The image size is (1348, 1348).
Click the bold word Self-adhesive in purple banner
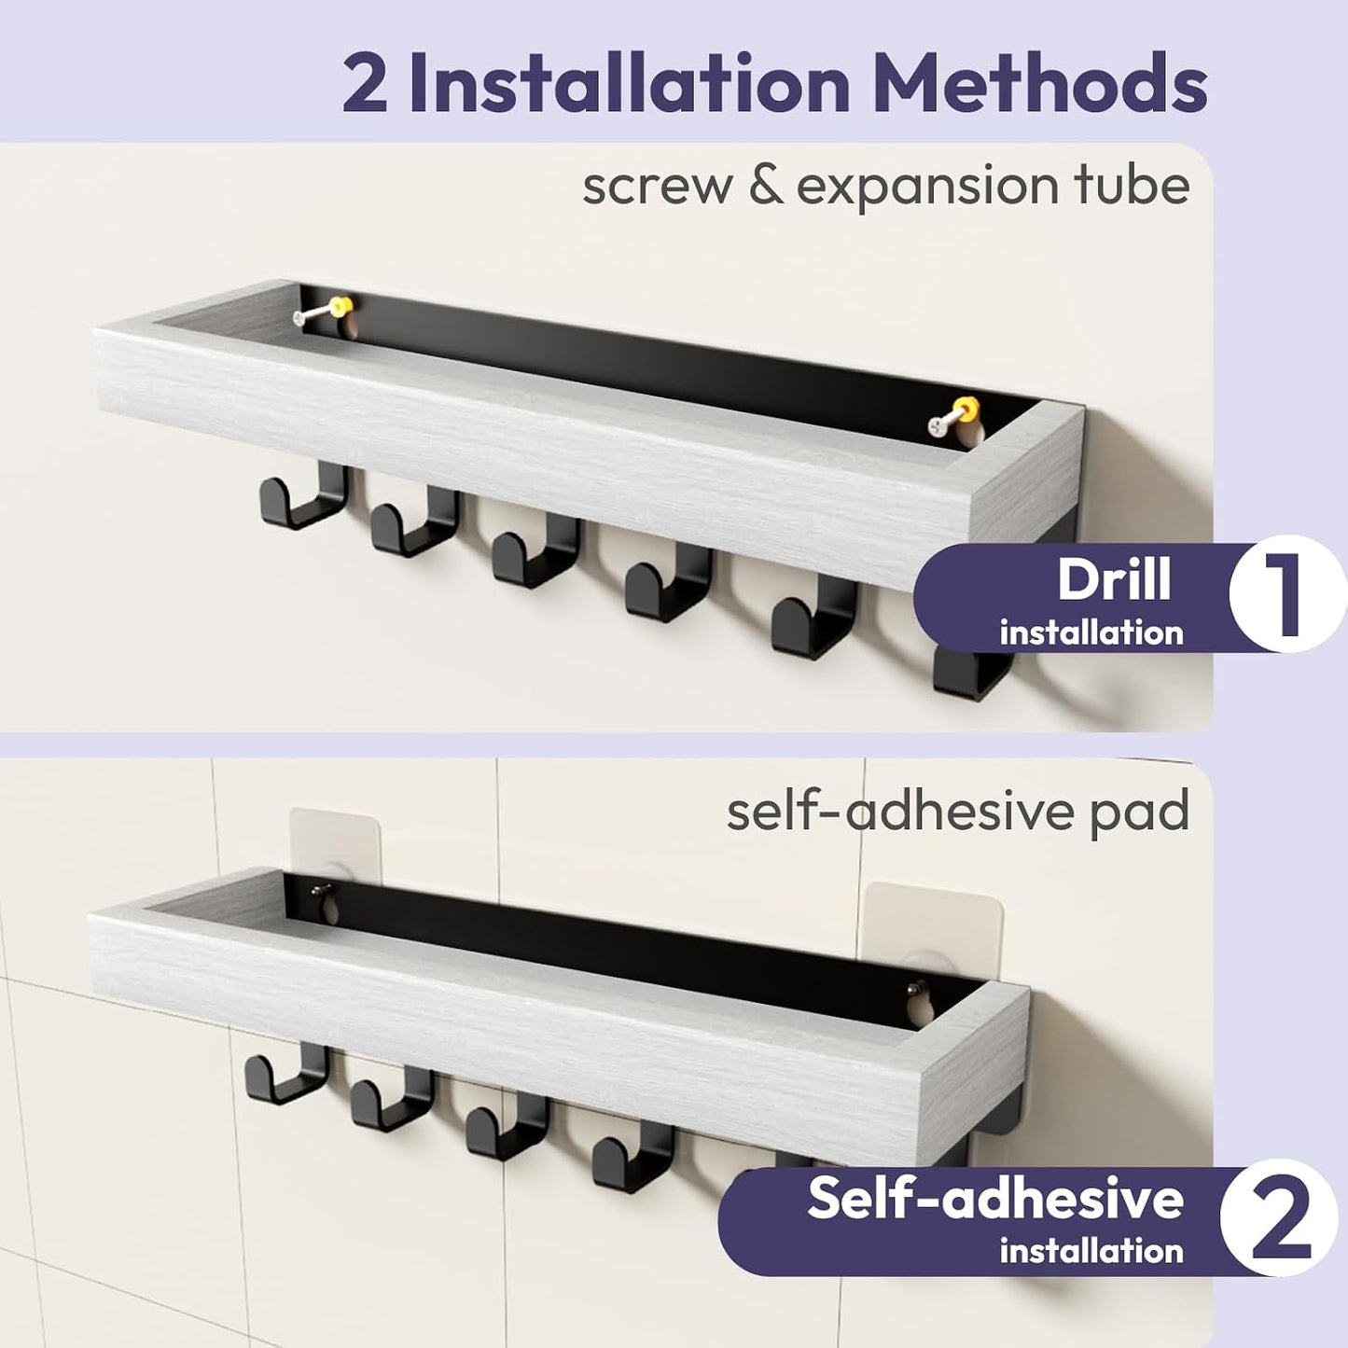pos(995,1199)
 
